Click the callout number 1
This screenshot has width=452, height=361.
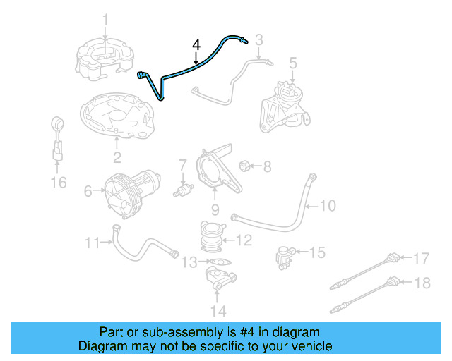click(x=105, y=19)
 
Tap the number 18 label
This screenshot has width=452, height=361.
click(x=421, y=283)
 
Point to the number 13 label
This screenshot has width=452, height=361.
click(x=187, y=263)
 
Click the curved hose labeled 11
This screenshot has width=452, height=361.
click(x=141, y=243)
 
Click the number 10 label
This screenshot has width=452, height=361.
click(x=328, y=206)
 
